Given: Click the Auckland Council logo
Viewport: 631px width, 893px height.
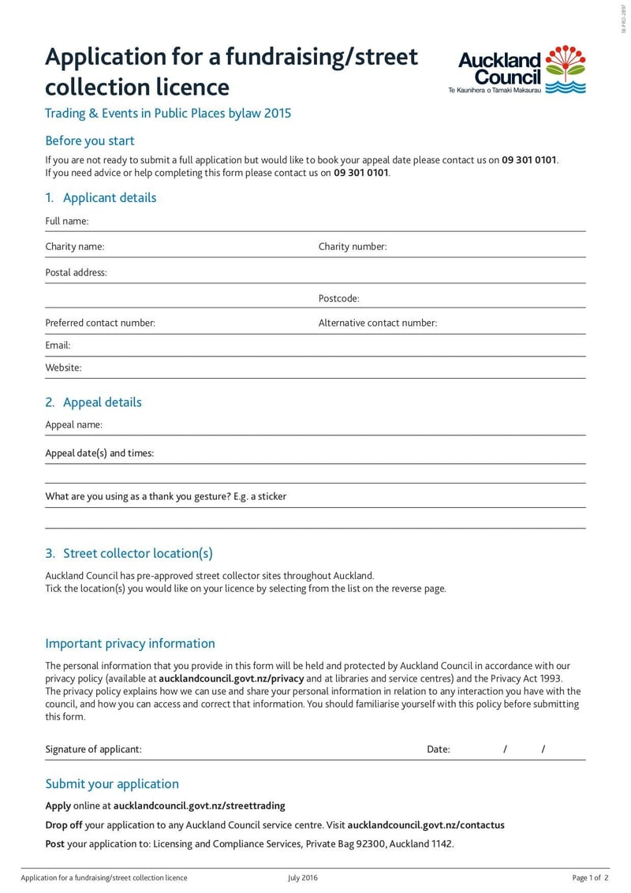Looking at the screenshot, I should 521,70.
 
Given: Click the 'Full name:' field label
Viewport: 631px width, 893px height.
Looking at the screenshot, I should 67,222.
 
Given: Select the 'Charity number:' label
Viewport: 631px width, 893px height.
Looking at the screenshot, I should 353,247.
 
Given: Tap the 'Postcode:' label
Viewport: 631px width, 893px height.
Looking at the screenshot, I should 339,298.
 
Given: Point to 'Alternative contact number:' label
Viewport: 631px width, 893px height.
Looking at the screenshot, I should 378,323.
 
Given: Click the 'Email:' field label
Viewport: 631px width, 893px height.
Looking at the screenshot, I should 58,346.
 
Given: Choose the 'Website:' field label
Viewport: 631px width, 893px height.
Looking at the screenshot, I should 64,368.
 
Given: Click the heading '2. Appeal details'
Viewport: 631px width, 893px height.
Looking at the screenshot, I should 94,402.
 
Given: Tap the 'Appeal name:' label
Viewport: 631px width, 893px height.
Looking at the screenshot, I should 74,425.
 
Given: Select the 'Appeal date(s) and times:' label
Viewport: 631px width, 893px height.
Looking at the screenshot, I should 100,454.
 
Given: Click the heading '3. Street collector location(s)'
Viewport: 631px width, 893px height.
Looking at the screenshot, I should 129,554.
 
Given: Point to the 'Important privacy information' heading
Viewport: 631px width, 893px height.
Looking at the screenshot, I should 130,644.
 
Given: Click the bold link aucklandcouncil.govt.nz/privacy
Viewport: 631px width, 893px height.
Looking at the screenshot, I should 231,678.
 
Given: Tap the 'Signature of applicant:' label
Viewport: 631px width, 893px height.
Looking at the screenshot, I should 94,749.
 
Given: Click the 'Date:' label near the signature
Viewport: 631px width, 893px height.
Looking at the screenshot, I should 439,749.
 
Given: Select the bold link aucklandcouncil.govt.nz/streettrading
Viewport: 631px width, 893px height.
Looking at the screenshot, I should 200,806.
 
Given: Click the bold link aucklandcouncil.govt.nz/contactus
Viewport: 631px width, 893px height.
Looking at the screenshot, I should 426,825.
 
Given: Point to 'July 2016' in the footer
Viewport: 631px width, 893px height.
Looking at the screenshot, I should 303,878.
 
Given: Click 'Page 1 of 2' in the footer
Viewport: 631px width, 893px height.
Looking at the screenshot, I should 590,878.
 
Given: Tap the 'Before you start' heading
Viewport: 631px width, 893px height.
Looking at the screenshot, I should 90,141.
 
